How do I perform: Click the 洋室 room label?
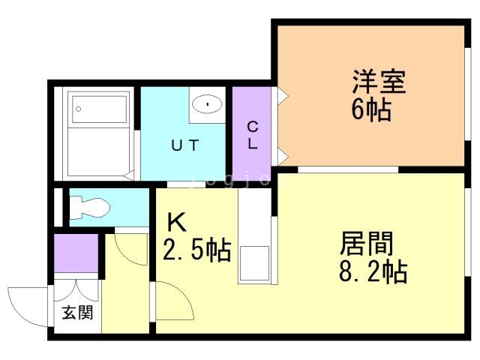[x=379, y=81]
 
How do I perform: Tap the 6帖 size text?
[x=371, y=110]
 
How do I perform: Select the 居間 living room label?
[x=367, y=243]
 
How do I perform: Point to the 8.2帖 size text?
[x=373, y=271]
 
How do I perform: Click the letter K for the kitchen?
[x=177, y=223]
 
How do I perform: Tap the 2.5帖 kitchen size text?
[x=196, y=250]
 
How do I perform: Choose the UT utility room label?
[x=185, y=145]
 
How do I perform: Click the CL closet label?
[x=253, y=135]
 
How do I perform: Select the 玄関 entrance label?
[x=77, y=313]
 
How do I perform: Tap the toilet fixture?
[x=89, y=208]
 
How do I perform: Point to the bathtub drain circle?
[x=78, y=109]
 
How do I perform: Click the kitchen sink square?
[x=254, y=263]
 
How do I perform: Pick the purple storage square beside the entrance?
[x=76, y=253]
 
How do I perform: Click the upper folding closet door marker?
[x=283, y=95]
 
